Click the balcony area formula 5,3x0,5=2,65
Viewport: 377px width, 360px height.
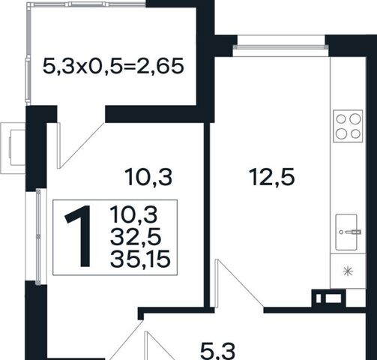(x=113, y=66)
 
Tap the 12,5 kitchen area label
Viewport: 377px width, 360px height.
(x=272, y=177)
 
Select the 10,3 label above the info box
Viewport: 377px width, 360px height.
(x=149, y=177)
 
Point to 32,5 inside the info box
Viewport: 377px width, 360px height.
(x=136, y=237)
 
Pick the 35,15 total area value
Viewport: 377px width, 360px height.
(x=140, y=258)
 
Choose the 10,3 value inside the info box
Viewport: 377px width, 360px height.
(x=133, y=214)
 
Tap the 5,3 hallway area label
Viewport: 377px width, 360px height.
(x=217, y=351)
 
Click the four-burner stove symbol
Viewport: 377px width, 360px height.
(x=348, y=126)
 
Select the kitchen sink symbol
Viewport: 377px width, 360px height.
(x=346, y=232)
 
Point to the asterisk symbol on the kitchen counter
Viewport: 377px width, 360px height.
(x=348, y=271)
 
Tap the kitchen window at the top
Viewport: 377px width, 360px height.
(x=280, y=46)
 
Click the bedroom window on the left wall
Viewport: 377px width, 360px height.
(x=38, y=237)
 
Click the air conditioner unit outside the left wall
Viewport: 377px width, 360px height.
(x=13, y=148)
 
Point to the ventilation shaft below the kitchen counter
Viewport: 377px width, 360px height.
(x=328, y=298)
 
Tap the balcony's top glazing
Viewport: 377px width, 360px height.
(x=86, y=4)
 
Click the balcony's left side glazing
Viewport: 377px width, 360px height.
(x=28, y=55)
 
